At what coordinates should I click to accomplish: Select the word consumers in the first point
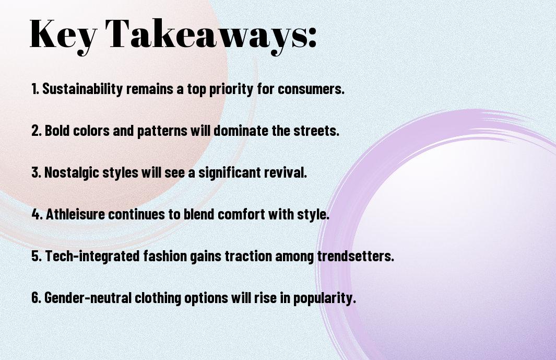point(311,89)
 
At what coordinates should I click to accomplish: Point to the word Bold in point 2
point(57,131)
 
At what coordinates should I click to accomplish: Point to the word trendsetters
point(355,256)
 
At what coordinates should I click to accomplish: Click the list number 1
point(34,89)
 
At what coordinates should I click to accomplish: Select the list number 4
point(36,214)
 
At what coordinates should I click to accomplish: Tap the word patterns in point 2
point(160,131)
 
